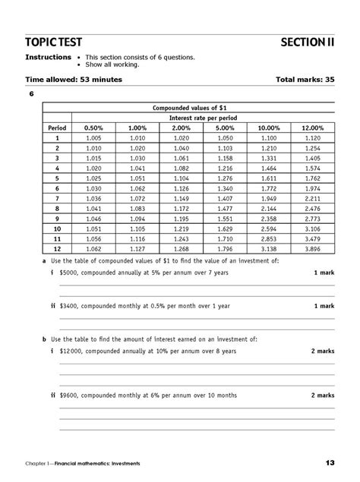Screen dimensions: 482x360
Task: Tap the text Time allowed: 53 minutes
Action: point(74,79)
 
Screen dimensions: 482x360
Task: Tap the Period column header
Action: point(57,128)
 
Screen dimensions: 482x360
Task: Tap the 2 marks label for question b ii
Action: point(322,395)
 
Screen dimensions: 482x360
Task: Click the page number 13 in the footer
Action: point(329,462)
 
